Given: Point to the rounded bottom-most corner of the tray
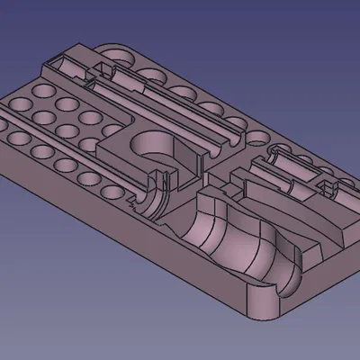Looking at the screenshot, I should click(x=256, y=318).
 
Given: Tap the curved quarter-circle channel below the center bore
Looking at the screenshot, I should click(x=155, y=193).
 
